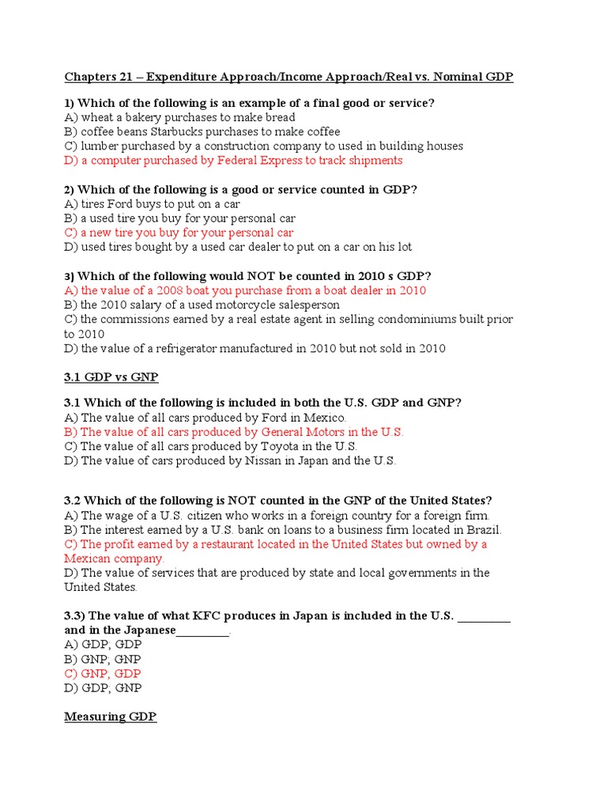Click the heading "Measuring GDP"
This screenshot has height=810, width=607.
(x=110, y=717)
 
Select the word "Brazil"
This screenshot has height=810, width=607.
(x=482, y=530)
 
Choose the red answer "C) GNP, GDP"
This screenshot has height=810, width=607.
(x=103, y=674)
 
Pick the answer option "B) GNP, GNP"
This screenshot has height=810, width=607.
(x=103, y=660)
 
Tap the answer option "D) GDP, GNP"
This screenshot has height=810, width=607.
(x=103, y=688)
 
